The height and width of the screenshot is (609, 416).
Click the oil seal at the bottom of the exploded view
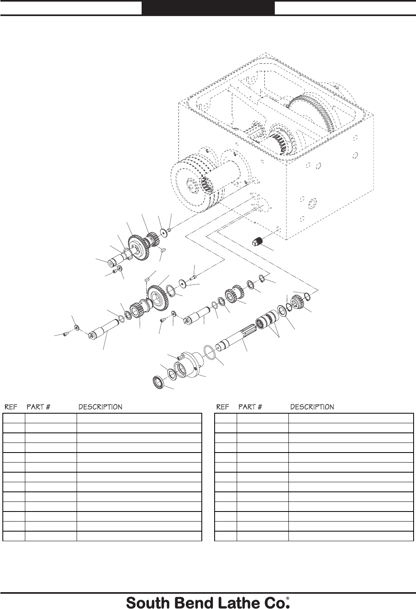[x=158, y=382]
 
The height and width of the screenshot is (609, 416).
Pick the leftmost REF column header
[x=11, y=407]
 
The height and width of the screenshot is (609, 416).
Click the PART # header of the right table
[x=250, y=407]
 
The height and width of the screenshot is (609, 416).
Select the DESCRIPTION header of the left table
[x=100, y=407]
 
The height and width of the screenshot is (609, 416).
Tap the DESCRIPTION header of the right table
[x=312, y=407]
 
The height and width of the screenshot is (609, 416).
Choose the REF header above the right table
[x=223, y=407]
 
